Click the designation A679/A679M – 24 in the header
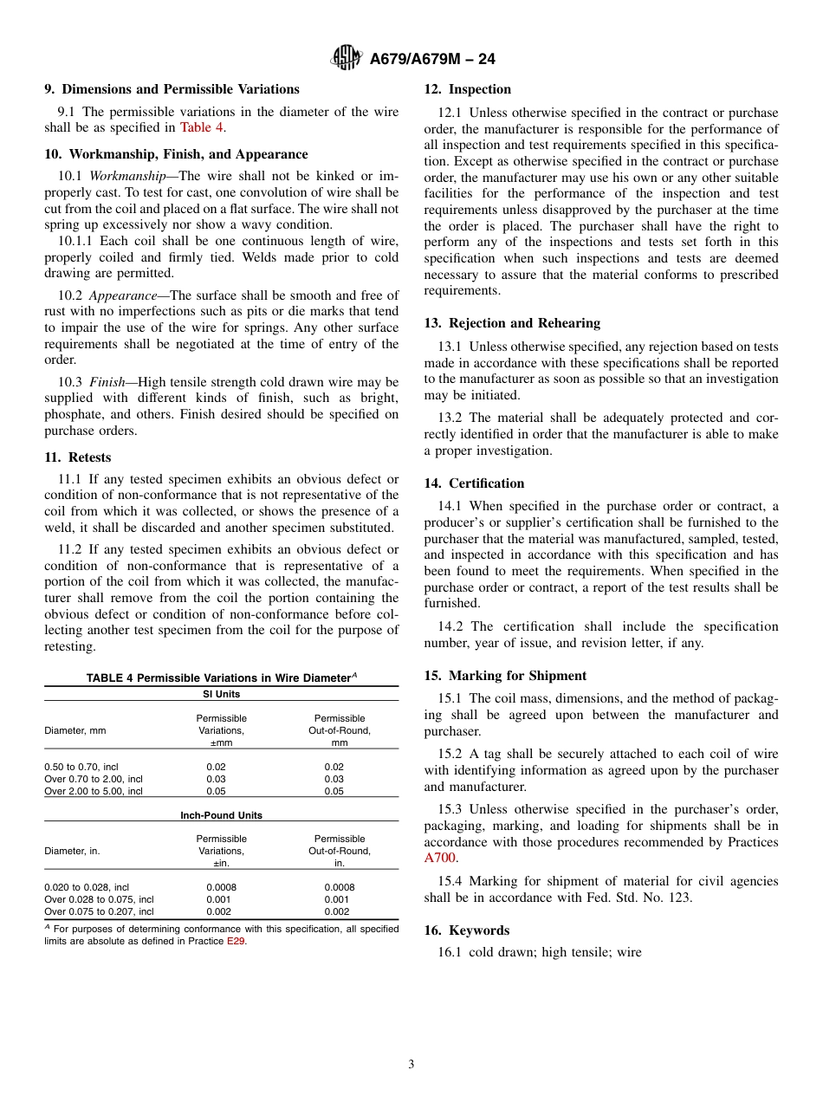pyautogui.click(x=431, y=59)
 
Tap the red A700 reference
pyautogui.click(x=440, y=858)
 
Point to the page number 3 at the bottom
pyautogui.click(x=411, y=1064)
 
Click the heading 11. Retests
pyautogui.click(x=78, y=457)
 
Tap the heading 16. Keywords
pyautogui.click(x=467, y=930)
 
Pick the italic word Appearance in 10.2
pyautogui.click(x=122, y=295)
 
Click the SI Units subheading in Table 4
pyautogui.click(x=222, y=694)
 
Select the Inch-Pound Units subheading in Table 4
pyautogui.click(x=222, y=815)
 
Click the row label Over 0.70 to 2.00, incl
pyautogui.click(x=94, y=779)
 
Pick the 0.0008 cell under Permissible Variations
pyautogui.click(x=221, y=887)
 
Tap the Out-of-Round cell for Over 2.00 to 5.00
pyautogui.click(x=334, y=791)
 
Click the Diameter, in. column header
pyautogui.click(x=72, y=851)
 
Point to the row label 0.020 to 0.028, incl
pyautogui.click(x=87, y=887)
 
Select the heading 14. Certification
pyautogui.click(x=474, y=483)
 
